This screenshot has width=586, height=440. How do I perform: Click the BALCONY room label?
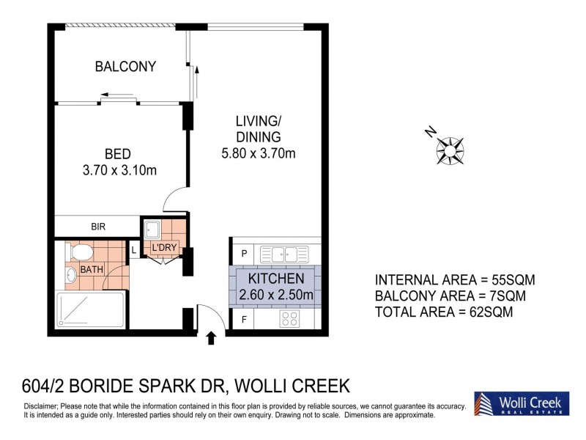(x=125, y=67)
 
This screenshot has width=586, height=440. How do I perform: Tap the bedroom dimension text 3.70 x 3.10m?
(x=119, y=170)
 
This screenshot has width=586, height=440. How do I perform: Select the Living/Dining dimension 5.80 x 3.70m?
(x=259, y=153)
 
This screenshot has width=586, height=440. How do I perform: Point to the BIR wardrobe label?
(x=98, y=227)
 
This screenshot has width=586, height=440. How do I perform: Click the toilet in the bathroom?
(x=79, y=252)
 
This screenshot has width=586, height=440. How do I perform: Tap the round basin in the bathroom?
(x=70, y=276)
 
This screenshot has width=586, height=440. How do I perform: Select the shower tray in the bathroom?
(x=90, y=309)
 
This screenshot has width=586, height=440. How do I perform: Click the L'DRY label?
(x=164, y=247)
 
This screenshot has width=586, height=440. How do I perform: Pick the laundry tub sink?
(x=152, y=230)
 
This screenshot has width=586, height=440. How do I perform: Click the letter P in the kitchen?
(x=244, y=254)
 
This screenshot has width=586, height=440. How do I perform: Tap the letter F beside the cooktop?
(x=244, y=320)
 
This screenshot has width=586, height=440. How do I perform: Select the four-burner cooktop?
(x=290, y=319)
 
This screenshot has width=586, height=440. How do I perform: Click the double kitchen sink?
(x=284, y=254)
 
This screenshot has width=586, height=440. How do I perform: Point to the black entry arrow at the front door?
(x=211, y=337)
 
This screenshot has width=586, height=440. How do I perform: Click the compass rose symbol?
(x=450, y=151)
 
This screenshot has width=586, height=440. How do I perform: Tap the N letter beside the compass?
(x=431, y=132)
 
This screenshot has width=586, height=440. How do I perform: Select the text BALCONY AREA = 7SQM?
(x=450, y=296)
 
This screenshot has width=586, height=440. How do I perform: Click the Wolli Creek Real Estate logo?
(x=522, y=403)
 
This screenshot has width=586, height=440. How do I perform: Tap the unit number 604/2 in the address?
(x=44, y=386)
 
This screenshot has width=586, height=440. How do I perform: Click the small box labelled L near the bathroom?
(x=134, y=250)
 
